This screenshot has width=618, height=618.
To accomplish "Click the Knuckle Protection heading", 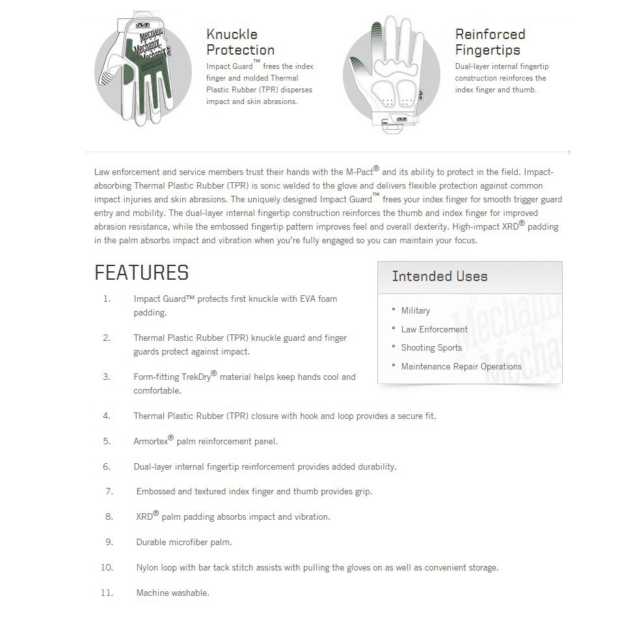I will coord(240,42).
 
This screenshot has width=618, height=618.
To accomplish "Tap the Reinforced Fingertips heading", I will coord(490,42).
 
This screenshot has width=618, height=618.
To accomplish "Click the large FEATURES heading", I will coord(142,273).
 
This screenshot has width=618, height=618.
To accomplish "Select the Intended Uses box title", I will coord(440,276).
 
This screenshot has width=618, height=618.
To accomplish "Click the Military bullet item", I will coord(415,311).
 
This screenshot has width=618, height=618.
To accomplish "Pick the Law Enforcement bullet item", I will coord(434,329).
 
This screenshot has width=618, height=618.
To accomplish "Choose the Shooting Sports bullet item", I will coord(431,348).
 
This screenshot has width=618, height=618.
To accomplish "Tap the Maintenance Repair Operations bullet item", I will coord(461,367).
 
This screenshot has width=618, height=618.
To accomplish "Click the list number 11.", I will coord(107,593).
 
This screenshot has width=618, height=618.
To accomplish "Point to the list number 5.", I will coord(107,441).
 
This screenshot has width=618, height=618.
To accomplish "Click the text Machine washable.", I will coord(172,593).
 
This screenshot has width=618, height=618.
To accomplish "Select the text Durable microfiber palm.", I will coord(183,542).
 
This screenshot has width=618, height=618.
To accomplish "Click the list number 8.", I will coord(109,517).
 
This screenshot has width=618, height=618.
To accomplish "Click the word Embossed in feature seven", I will coord(155,492).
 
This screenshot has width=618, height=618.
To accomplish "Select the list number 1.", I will coord(107,299).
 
